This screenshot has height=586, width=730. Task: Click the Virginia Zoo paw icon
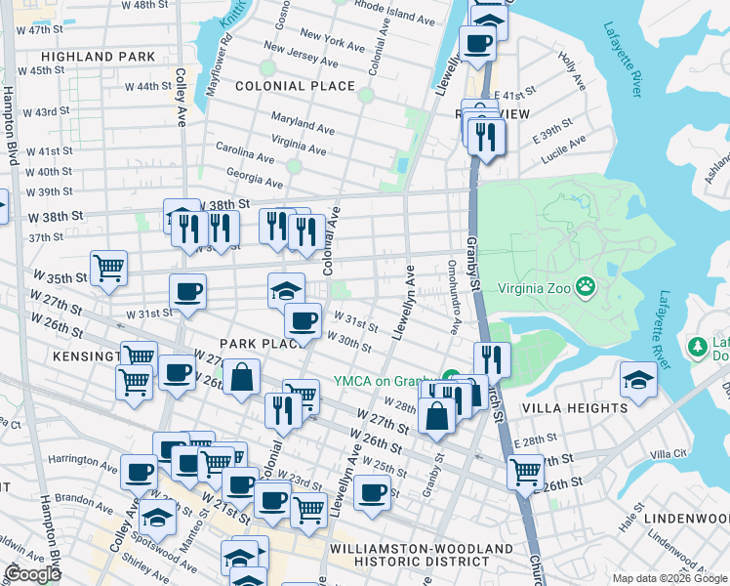click(x=586, y=287)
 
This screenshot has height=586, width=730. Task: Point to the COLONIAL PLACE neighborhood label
click(x=295, y=86)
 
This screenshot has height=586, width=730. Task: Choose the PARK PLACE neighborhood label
click(x=257, y=344)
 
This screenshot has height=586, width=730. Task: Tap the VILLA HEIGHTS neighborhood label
click(x=575, y=407)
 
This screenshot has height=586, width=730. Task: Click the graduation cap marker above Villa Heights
click(x=638, y=379)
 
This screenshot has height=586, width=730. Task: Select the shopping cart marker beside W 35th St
click(x=108, y=267)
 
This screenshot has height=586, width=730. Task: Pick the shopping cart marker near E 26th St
click(x=526, y=472)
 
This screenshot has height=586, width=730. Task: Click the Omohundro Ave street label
click(x=453, y=296)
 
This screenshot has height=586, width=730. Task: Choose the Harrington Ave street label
click(x=84, y=459)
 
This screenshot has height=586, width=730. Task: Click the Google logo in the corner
click(x=31, y=574)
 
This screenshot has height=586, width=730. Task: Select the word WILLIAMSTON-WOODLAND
click(x=422, y=549)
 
